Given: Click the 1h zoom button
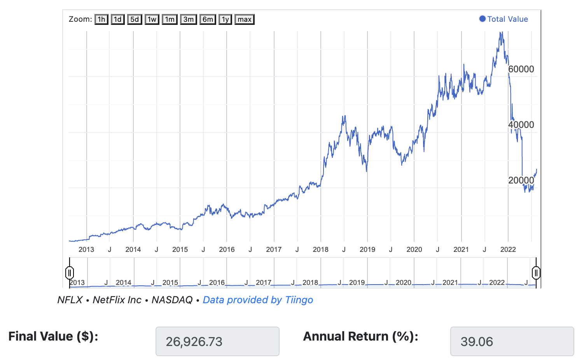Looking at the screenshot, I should (x=101, y=19).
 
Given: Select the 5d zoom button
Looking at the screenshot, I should (x=135, y=19).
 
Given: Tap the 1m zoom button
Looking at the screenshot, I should (x=170, y=19).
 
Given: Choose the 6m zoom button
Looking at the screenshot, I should (x=208, y=19).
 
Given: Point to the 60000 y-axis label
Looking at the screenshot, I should (x=521, y=69).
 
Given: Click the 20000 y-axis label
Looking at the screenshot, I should (x=521, y=180).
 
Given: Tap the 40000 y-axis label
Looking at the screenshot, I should (x=521, y=125).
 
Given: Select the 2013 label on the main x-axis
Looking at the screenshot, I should (x=86, y=250).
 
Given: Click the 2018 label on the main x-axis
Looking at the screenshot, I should (x=320, y=250).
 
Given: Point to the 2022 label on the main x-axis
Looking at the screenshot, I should (x=508, y=250).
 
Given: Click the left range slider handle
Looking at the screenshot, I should (x=70, y=273).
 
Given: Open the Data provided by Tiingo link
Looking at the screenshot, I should (x=258, y=300).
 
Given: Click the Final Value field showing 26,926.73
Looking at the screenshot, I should (x=217, y=341).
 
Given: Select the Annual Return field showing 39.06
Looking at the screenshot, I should (x=512, y=341).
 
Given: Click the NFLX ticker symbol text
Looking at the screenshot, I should (x=70, y=300).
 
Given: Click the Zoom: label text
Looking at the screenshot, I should (x=80, y=19).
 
